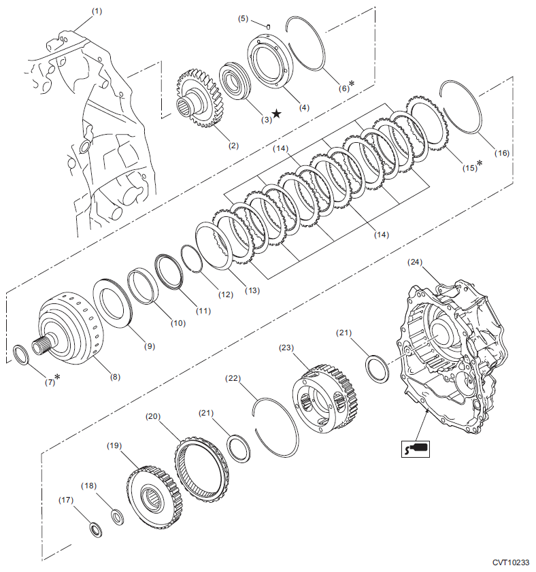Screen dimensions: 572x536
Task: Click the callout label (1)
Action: tap(97, 12)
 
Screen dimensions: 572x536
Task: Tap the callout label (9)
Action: tap(149, 346)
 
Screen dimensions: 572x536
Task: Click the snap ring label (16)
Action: tap(501, 154)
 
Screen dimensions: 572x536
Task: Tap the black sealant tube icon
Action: tap(416, 448)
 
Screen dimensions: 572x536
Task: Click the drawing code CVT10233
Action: tap(511, 562)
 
